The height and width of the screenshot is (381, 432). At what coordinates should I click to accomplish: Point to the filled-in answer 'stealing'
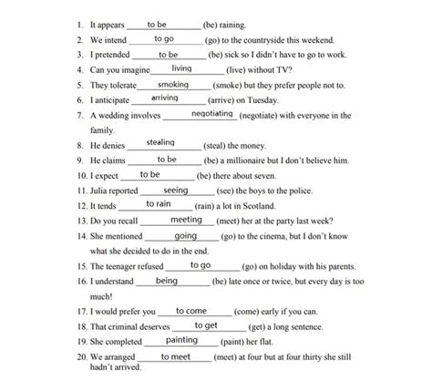pos(161,143)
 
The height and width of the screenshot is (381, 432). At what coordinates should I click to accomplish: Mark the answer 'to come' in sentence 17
pos(191,310)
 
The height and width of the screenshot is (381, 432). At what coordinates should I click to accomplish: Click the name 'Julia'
pos(103,190)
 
